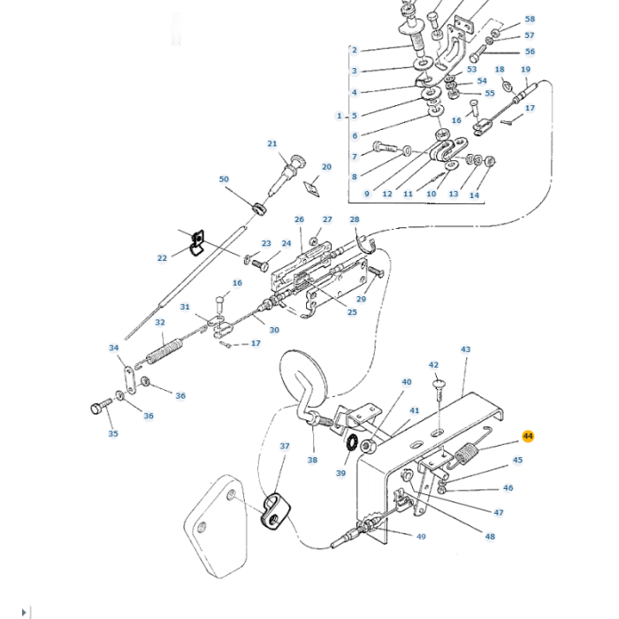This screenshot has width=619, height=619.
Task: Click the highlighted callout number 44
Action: pos(528,436)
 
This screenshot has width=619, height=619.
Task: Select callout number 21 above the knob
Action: pos(272,144)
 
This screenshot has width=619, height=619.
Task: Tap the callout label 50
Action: pos(224,180)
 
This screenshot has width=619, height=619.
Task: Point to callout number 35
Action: pos(112,433)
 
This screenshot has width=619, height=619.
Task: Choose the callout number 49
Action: pos(421,537)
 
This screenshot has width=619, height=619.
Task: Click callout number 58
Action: pos(530,19)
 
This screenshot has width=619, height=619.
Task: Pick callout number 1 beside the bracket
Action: pos(339,116)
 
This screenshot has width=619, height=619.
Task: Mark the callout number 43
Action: pos(466,349)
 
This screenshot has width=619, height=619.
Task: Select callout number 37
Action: pos(285,447)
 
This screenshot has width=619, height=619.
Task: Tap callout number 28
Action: pos(355,219)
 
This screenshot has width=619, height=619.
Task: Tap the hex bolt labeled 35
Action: pos(97,408)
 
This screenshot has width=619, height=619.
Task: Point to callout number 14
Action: pos(474,195)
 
